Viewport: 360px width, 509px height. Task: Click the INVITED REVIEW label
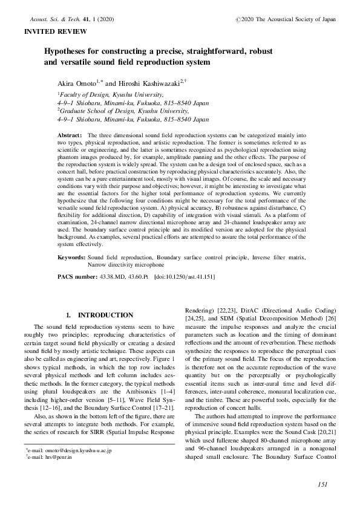pyautogui.click(x=54, y=31)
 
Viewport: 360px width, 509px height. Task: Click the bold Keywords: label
pyautogui.click(x=71, y=258)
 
